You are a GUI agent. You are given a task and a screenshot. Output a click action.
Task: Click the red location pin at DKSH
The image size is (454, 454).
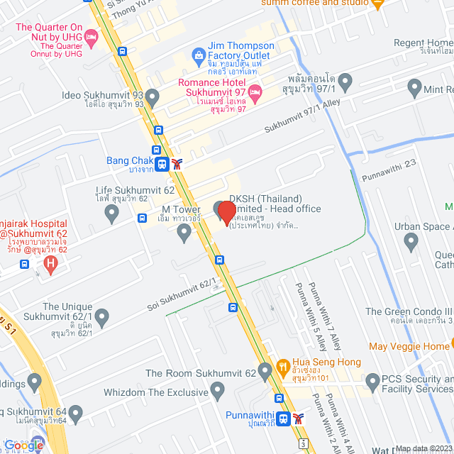tap(226, 213)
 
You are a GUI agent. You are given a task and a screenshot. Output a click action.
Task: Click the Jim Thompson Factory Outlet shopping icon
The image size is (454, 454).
tap(200, 55)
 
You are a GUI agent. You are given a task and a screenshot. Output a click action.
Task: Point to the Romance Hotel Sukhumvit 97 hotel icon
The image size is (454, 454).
tap(256, 91)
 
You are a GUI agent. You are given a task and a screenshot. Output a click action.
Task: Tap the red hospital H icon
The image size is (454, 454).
tap(50, 265)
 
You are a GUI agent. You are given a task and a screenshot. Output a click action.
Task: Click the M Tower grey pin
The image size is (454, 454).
tap(184, 233)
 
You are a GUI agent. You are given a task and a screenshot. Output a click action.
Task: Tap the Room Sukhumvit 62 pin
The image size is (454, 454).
tap(265, 370)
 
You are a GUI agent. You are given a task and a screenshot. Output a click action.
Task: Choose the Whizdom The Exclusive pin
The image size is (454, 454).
tap(218, 390)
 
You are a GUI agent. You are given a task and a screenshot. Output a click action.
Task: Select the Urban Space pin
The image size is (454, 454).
tap(411, 243)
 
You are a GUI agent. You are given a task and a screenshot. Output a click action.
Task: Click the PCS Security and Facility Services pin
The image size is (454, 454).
tap(372, 383)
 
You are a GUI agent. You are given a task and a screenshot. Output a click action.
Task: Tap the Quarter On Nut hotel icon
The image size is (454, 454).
tap(91, 36)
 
